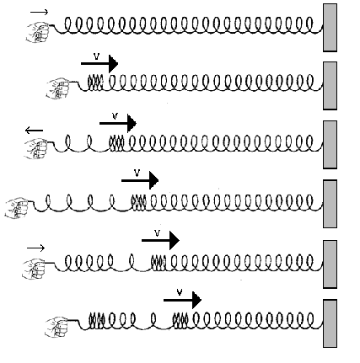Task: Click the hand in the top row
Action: (x=38, y=33)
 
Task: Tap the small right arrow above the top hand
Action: (x=40, y=12)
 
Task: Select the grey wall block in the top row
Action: (x=330, y=28)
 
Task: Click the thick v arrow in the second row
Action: (x=99, y=64)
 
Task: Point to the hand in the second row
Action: (x=58, y=88)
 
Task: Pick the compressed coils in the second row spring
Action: (x=95, y=83)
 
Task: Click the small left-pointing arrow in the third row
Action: (x=34, y=131)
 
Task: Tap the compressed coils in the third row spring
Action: (x=116, y=143)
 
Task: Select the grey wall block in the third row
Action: (x=330, y=145)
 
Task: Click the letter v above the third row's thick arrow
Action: (x=115, y=116)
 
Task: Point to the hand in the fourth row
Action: (x=17, y=207)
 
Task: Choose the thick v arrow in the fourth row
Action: (x=140, y=180)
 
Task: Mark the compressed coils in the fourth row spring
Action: (x=139, y=202)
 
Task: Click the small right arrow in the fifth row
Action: (x=35, y=248)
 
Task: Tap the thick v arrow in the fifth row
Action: (x=160, y=240)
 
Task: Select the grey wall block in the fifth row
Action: (x=330, y=264)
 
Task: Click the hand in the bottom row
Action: (x=56, y=327)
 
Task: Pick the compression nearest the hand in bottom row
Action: (x=97, y=320)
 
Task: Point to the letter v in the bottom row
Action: (x=180, y=292)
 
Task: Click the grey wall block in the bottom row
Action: (x=330, y=323)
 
